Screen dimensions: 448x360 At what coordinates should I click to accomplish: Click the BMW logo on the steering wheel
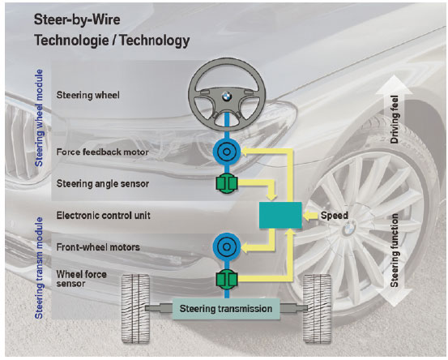(x=227, y=97)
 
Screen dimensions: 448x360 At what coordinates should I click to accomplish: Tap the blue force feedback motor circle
(x=227, y=152)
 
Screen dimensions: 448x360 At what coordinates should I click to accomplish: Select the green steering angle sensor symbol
(x=227, y=183)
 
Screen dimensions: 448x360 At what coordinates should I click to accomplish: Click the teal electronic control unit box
(x=280, y=216)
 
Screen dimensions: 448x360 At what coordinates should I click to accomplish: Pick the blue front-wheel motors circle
(x=227, y=246)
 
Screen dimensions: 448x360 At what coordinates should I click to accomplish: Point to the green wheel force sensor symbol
(x=227, y=280)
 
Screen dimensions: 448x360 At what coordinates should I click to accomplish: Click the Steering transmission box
(x=226, y=309)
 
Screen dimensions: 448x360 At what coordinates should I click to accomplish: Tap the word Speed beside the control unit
(x=335, y=216)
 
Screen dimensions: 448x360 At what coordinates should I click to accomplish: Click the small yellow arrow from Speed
(x=310, y=216)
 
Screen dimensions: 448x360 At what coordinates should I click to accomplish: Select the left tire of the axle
(x=136, y=308)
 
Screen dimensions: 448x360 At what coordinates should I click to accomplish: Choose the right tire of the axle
(x=317, y=308)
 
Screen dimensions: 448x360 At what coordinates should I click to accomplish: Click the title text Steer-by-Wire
(x=77, y=19)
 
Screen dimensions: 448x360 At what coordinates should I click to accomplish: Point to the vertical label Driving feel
(x=395, y=119)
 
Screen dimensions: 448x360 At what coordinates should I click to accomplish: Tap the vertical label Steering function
(x=395, y=251)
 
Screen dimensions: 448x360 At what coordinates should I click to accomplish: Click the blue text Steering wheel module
(x=39, y=118)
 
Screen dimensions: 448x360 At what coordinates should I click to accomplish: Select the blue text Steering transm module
(x=39, y=268)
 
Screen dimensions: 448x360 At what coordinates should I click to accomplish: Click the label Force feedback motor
(x=103, y=152)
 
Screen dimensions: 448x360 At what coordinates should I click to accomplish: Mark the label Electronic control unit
(x=103, y=216)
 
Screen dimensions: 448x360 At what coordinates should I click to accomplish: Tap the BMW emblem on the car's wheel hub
(x=348, y=229)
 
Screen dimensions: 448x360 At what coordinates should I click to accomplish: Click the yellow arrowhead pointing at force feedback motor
(x=245, y=152)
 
